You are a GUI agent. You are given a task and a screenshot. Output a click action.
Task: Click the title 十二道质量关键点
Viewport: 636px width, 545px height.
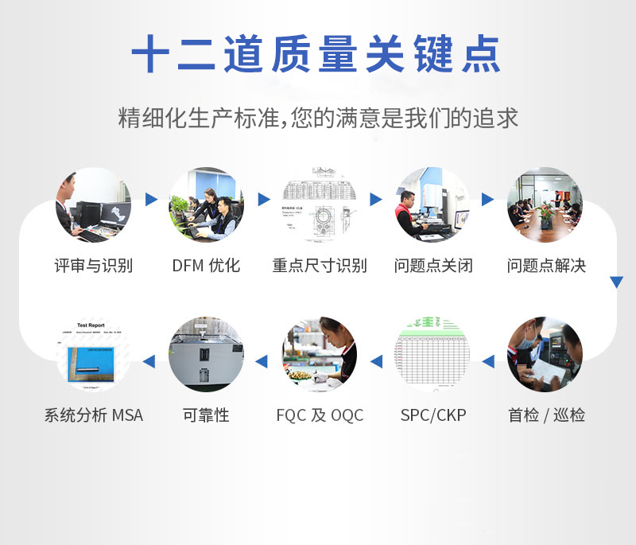[316, 54]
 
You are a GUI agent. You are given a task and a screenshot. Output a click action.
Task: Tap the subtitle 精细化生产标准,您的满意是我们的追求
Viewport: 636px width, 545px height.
[317, 118]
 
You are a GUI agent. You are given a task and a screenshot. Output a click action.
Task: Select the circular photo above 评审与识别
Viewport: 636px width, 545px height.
[93, 204]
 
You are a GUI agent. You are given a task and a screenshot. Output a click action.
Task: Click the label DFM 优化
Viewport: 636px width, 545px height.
[206, 266]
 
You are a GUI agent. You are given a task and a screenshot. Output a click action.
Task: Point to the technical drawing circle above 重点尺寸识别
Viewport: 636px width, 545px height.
[320, 204]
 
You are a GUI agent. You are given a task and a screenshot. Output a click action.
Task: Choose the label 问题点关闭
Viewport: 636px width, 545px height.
[433, 266]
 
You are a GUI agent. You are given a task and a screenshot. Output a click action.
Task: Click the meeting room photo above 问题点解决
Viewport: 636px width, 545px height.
[545, 204]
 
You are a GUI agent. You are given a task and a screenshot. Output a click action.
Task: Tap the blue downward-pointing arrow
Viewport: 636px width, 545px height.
[616, 282]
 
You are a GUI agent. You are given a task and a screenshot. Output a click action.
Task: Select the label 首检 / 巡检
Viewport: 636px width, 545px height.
[546, 415]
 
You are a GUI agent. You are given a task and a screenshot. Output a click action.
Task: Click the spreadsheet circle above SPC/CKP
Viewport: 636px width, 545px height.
[432, 355]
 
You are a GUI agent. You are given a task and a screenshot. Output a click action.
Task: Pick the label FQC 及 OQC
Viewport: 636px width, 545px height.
[320, 415]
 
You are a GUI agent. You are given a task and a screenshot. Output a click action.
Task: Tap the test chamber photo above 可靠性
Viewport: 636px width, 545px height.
[206, 355]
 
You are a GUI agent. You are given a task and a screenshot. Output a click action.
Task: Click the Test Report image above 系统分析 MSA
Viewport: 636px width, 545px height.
[93, 355]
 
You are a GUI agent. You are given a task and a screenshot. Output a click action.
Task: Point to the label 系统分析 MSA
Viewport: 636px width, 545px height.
[93, 415]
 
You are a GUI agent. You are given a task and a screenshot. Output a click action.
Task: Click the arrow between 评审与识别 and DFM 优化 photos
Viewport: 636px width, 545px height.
[150, 200]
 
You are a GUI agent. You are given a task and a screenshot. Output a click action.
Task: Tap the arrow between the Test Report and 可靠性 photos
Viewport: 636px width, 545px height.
[149, 362]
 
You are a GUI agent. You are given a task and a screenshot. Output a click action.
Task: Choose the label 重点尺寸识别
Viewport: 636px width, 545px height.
[320, 266]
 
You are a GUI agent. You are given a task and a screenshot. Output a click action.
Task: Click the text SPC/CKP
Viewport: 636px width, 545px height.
[432, 415]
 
